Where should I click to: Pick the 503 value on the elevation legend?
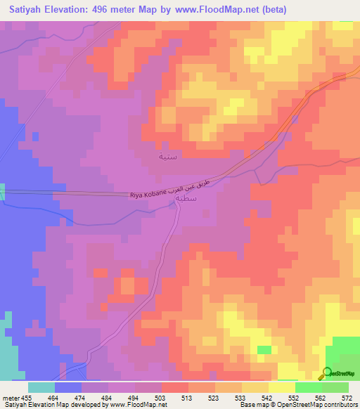(x=161, y=398)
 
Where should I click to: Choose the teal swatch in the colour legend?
(x=41, y=387)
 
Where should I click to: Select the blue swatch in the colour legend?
(x=67, y=387)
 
